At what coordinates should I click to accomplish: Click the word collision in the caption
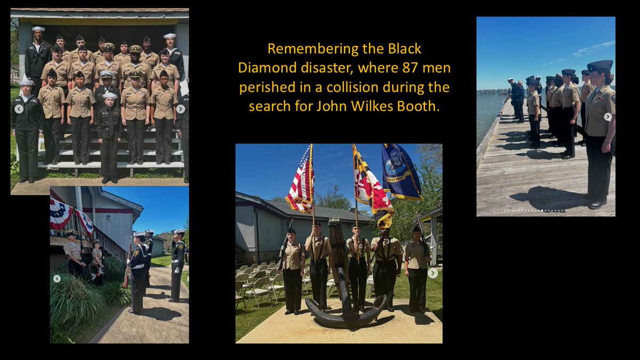tap(364, 87)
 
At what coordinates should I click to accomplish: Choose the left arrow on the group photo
tap(19, 109)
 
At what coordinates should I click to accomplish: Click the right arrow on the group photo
tap(180, 109)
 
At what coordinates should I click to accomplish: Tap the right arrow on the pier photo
tap(607, 117)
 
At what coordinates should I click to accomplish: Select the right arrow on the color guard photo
tap(433, 273)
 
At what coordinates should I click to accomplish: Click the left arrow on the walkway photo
tap(57, 278)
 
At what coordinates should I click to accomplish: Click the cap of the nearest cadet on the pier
tap(600, 66)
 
